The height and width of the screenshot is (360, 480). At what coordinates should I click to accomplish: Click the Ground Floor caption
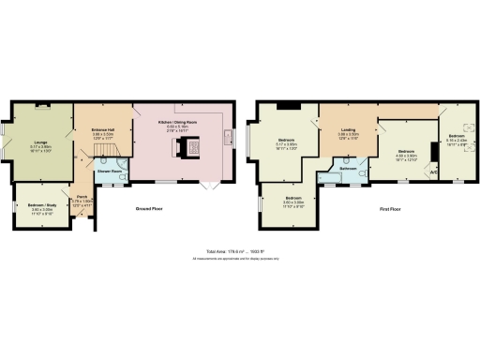coord(152,208)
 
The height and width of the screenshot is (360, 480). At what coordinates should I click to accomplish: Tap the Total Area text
coord(243,251)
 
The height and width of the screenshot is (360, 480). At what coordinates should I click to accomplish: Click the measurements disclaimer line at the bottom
coord(243,259)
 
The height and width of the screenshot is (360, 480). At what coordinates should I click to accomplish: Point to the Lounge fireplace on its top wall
coord(39,105)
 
